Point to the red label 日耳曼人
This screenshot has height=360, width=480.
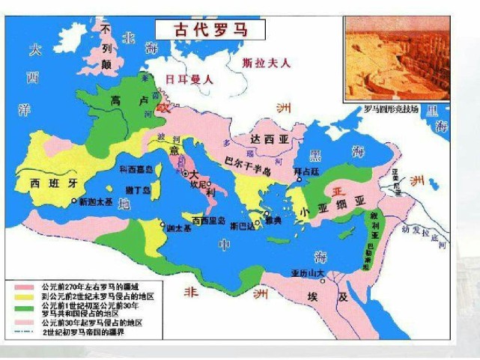(x=190, y=78)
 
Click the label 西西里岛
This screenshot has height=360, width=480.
(x=207, y=221)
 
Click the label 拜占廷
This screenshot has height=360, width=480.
(x=306, y=172)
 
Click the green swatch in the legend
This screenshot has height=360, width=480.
(x=27, y=307)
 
